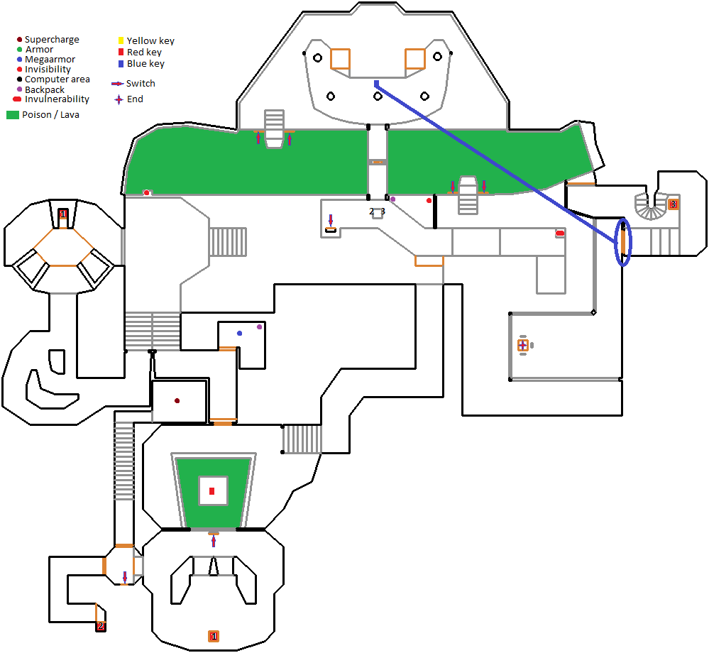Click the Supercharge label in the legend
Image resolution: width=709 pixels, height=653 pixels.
coord(52,40)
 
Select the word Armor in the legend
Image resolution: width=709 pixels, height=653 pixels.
coord(39,50)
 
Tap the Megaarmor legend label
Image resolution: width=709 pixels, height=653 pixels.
coord(50,60)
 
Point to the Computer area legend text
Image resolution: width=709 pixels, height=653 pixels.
coord(57,79)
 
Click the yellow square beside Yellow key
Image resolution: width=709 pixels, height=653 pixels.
coord(121,40)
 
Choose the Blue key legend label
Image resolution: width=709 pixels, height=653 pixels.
coord(145,63)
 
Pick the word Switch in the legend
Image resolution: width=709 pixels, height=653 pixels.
coord(141,83)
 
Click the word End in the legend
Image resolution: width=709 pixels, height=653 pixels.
coord(135,99)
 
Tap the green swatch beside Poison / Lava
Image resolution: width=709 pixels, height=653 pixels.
coord(12,114)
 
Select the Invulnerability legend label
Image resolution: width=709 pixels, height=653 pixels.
coord(57,99)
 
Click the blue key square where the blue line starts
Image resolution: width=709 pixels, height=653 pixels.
coord(376,83)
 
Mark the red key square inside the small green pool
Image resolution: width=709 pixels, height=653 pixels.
coord(211,490)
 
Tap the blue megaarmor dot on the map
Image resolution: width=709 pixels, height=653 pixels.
coord(239,333)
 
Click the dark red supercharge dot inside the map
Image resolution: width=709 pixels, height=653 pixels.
coord(177,401)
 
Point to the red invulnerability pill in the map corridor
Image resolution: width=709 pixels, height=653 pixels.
coord(560,233)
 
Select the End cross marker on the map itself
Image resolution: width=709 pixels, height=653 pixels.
coord(523,345)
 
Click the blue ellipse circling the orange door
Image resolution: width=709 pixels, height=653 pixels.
coord(623,243)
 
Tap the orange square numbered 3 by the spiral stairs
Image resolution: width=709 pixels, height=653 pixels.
coord(673,204)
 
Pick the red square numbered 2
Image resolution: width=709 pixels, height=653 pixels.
coord(101,626)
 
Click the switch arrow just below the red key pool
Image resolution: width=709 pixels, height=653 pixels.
coord(214,542)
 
